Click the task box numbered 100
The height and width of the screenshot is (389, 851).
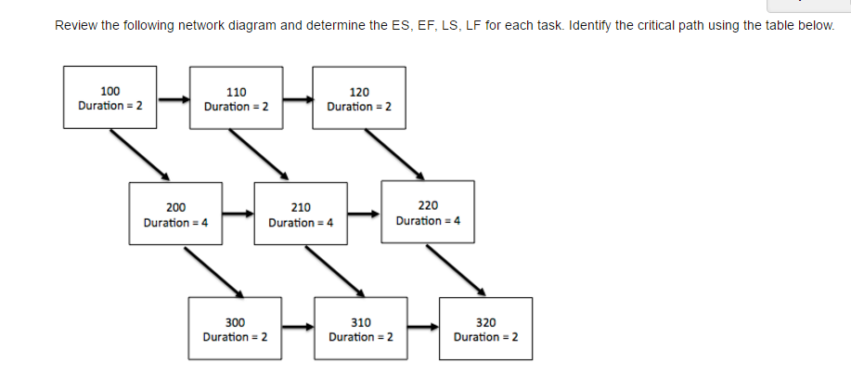pos(110,97)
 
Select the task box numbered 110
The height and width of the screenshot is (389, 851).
pos(236,98)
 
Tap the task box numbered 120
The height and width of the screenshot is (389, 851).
pos(359,98)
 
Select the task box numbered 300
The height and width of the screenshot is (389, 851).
pos(235,329)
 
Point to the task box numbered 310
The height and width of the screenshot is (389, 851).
pos(360,329)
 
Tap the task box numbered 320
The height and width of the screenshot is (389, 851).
pos(485,329)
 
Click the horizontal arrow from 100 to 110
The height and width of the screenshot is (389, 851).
pos(173,97)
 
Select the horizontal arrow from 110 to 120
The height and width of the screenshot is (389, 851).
pos(298,97)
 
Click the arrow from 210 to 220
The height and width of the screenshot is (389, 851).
pos(363,214)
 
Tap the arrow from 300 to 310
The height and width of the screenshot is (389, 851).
pos(297,327)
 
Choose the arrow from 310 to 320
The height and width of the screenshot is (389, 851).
pos(422,327)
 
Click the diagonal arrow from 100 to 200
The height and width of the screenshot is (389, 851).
pos(139,154)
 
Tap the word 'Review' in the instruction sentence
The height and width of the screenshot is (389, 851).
pos(76,25)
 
